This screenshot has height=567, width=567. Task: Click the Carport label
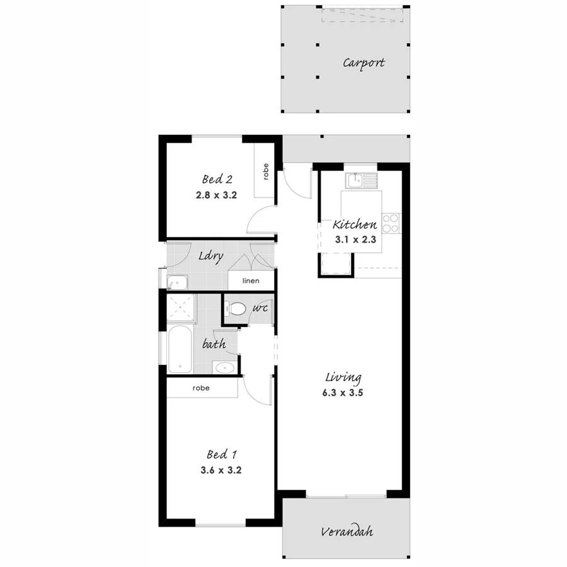(364, 63)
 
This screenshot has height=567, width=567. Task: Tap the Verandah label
(346, 532)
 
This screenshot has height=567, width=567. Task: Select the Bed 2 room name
(216, 179)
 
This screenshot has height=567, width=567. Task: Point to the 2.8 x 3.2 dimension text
(216, 195)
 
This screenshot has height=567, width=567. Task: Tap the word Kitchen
(355, 224)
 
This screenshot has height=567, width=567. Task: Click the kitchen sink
(362, 181)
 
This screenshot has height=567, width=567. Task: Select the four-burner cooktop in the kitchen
(391, 221)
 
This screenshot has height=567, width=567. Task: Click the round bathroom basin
(224, 369)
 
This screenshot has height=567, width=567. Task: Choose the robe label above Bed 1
(201, 389)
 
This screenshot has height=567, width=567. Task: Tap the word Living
(343, 378)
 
